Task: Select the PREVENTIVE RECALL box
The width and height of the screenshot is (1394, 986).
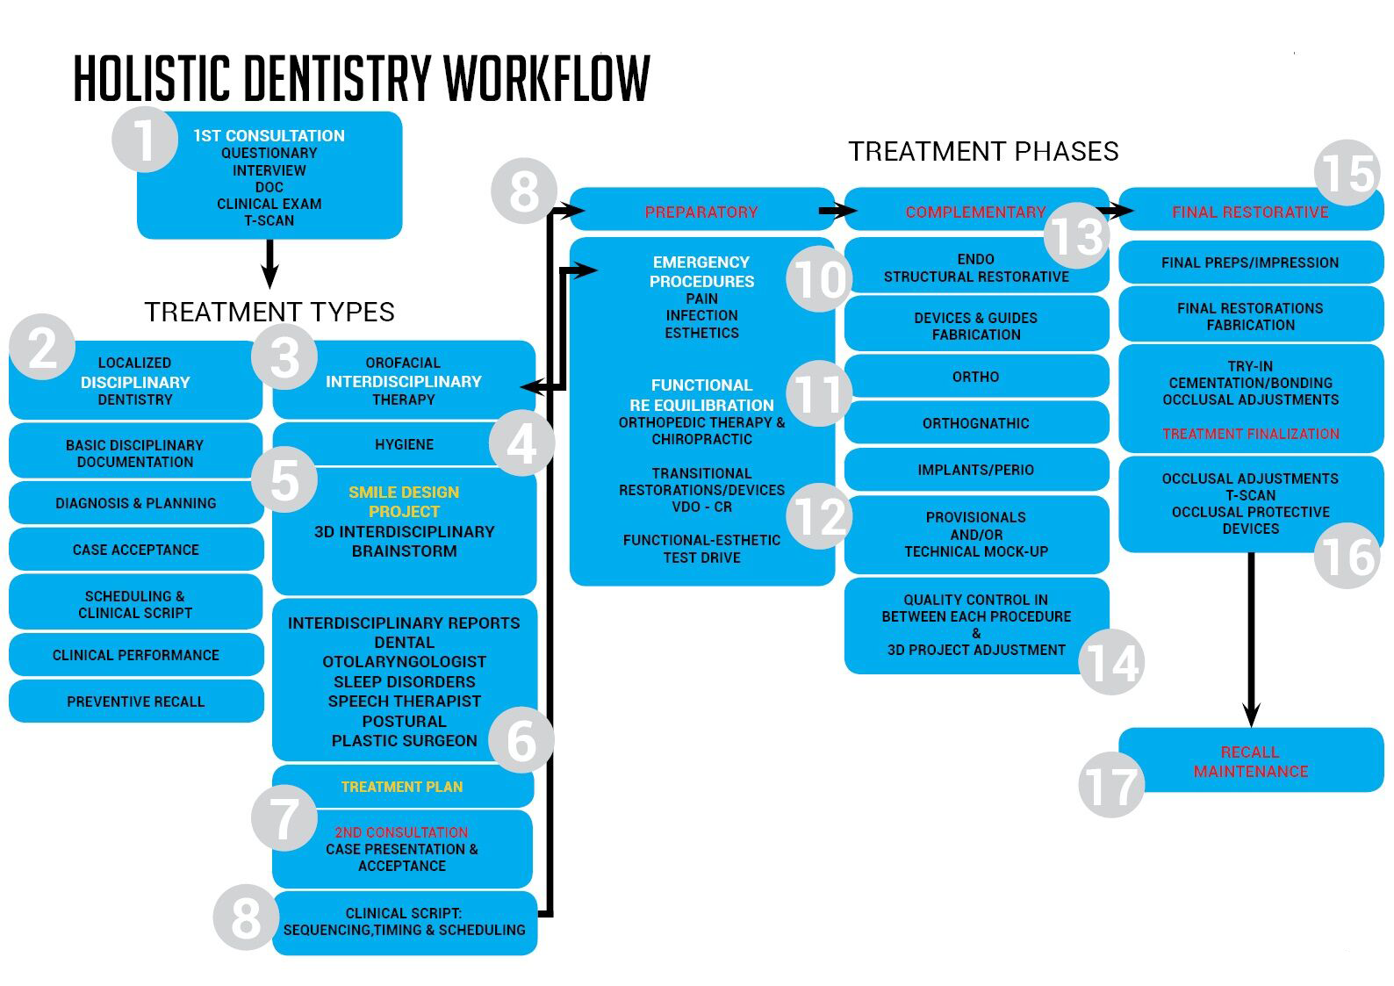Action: point(136,702)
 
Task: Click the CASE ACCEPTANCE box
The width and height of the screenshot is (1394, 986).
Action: point(136,550)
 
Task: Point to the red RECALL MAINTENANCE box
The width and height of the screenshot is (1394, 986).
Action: point(1250,761)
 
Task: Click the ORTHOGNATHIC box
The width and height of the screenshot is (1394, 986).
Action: point(975,423)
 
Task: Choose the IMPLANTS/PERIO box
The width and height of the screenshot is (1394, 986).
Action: point(975,470)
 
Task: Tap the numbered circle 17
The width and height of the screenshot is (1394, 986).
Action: point(1111,785)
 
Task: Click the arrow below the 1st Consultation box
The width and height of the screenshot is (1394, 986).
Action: point(269,263)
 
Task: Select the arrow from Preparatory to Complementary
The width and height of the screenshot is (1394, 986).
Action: point(837,211)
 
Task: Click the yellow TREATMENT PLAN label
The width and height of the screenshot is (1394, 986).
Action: point(402,787)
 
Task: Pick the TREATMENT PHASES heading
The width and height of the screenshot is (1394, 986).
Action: point(983,152)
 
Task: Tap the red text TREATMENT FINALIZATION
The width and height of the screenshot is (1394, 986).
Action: point(1250,434)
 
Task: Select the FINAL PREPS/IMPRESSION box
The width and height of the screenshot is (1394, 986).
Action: point(1250,263)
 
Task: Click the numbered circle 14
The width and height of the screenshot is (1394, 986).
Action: point(1111,662)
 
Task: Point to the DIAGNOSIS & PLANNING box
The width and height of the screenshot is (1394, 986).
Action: point(136,503)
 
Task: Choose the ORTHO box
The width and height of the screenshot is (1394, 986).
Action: point(975,377)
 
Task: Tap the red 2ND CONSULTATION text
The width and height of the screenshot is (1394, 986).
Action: point(402,831)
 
